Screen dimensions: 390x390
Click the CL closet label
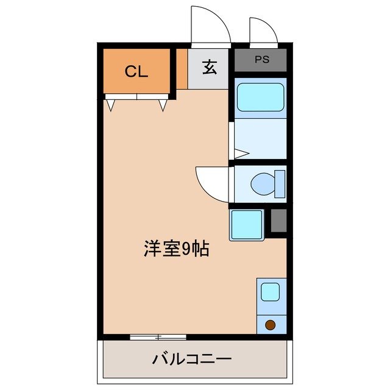pyautogui.click(x=136, y=71)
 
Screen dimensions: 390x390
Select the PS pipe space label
pyautogui.click(x=261, y=60)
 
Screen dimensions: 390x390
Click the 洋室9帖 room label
pyautogui.click(x=176, y=249)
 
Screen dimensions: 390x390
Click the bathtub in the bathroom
pyautogui.click(x=260, y=97)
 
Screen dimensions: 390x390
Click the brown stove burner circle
pyautogui.click(x=270, y=324)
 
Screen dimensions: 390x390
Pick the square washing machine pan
pyautogui.click(x=247, y=224)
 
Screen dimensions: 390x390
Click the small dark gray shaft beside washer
pyautogui.click(x=278, y=221)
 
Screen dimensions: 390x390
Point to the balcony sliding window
pyautogui.click(x=158, y=336)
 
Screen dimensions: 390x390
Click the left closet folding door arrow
pyautogui.click(x=110, y=105)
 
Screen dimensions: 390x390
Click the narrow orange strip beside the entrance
pyautogui.click(x=182, y=69)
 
